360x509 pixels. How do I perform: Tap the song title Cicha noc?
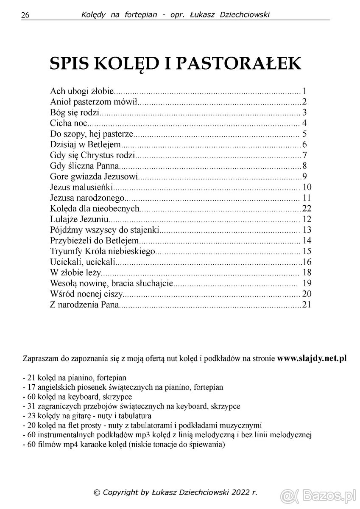(x=68, y=123)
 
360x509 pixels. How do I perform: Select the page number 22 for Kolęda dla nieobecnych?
(x=307, y=209)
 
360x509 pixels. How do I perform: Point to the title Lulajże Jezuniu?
(x=80, y=219)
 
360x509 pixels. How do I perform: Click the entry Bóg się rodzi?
(x=74, y=113)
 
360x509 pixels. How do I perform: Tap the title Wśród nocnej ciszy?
(x=86, y=294)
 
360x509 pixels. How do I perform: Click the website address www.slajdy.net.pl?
(x=312, y=358)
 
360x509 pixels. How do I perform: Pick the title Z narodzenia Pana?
(x=85, y=304)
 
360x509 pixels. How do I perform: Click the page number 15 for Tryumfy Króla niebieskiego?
(x=307, y=251)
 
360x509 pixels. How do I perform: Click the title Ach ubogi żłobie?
(x=82, y=91)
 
